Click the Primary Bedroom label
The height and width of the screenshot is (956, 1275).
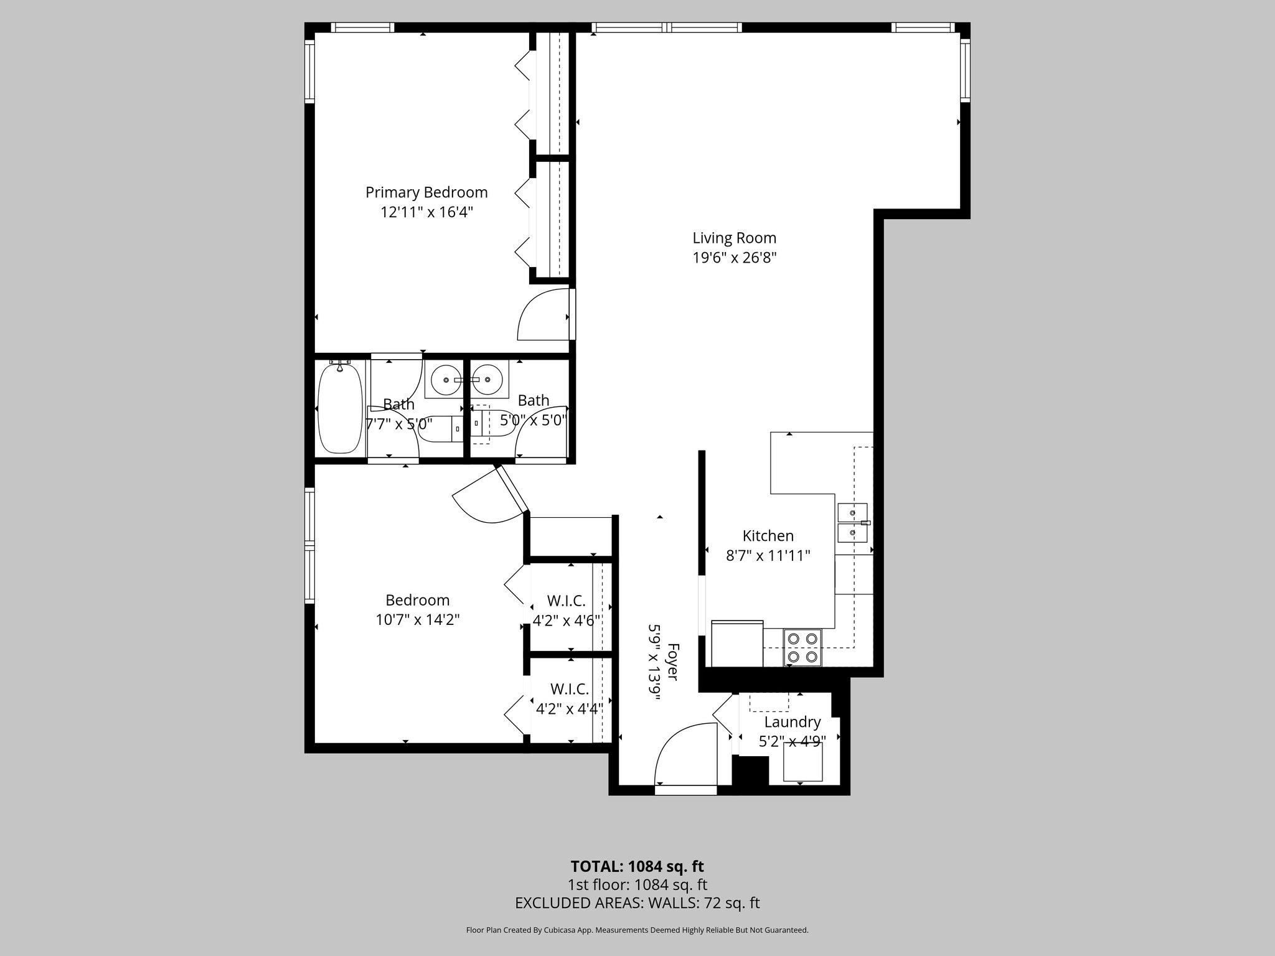coord(426,192)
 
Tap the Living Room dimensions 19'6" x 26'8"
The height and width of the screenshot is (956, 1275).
coord(735,258)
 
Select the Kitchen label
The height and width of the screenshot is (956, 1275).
coord(768,536)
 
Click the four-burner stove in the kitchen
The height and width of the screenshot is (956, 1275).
coord(802,647)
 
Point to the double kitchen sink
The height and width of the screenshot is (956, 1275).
coord(852,523)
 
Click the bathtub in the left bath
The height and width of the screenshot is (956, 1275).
coord(340,408)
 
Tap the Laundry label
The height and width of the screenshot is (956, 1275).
coord(792,722)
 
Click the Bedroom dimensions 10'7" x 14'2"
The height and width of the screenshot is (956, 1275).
coord(417,620)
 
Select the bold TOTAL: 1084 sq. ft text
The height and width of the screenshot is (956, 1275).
coord(637,866)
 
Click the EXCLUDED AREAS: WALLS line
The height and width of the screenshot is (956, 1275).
coord(637,903)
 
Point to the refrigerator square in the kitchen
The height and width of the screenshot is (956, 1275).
coord(737,644)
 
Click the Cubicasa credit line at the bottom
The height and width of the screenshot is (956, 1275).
coord(637,930)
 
